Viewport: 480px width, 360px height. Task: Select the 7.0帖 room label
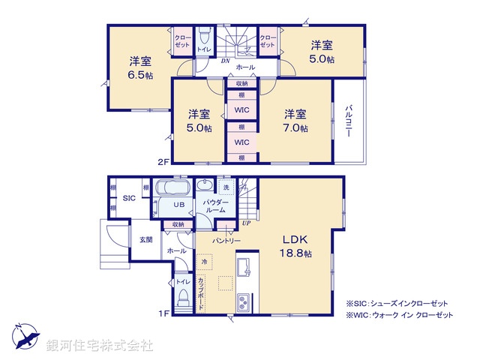295,121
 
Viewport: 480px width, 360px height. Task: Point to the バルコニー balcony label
349,121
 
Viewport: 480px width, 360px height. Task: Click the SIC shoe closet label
129,198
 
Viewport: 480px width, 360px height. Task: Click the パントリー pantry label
225,240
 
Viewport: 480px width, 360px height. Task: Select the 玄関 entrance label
146,239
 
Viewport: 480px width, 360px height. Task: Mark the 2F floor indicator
163,160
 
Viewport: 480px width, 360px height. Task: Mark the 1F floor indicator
163,314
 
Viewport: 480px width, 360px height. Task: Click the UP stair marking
246,223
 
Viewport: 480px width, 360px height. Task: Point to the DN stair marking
225,61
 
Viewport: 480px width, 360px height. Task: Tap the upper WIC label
241,110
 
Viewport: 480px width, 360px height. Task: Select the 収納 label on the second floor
241,84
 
